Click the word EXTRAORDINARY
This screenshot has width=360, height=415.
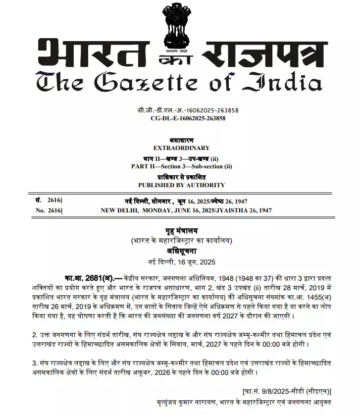(181, 148)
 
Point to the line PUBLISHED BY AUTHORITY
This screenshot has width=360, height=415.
(181, 185)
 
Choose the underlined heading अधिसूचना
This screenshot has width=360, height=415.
(181, 251)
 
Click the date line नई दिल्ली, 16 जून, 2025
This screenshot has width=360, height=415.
(181, 261)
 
